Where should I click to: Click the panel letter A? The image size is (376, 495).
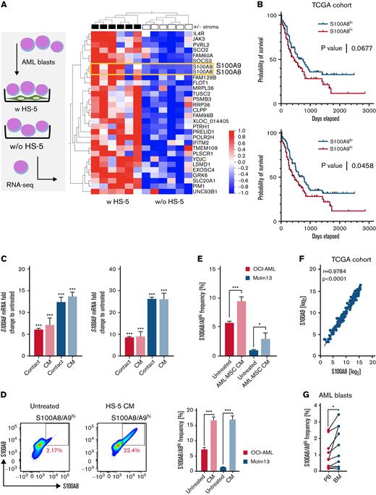tap(4, 5)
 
